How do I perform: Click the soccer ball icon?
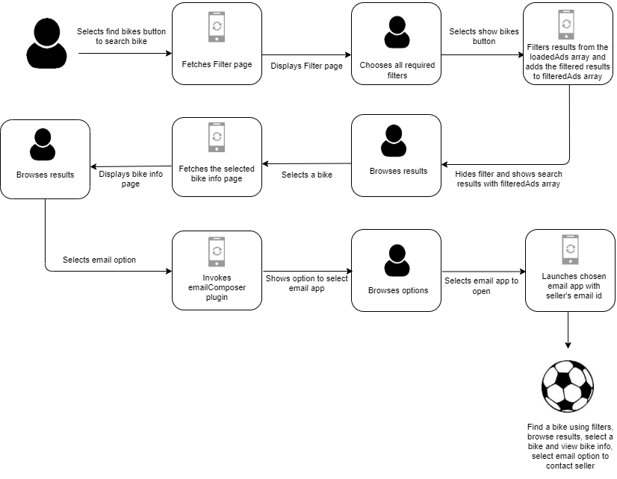click(x=568, y=386)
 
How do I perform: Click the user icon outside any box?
click(x=46, y=43)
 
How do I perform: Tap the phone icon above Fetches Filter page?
click(x=217, y=27)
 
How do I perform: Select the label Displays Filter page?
click(x=306, y=66)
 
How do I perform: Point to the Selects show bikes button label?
click(x=484, y=36)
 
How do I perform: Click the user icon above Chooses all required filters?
click(x=397, y=32)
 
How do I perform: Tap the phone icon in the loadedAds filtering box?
click(x=566, y=25)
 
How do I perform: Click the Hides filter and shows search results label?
click(x=509, y=179)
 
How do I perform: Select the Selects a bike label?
click(x=307, y=175)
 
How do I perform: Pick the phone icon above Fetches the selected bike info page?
click(x=217, y=137)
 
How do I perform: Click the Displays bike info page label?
click(x=131, y=179)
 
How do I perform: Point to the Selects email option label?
click(x=99, y=260)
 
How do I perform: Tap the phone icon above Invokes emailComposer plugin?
click(x=217, y=251)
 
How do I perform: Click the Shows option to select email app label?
click(x=306, y=284)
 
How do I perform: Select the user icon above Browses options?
click(x=397, y=260)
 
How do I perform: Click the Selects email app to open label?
click(x=481, y=286)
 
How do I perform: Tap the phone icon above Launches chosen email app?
click(x=570, y=249)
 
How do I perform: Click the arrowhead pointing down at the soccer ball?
click(x=568, y=345)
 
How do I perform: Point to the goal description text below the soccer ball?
click(x=570, y=446)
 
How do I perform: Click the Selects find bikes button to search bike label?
click(x=121, y=36)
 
